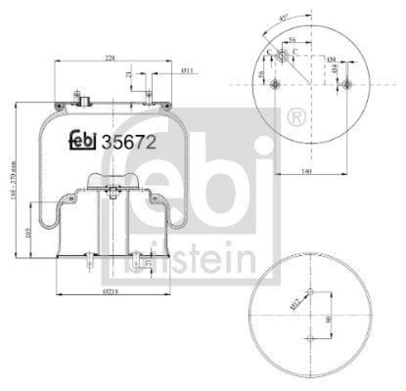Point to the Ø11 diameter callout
(187, 71)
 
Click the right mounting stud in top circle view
(347, 84)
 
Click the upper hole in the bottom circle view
(311, 292)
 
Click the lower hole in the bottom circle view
(311, 337)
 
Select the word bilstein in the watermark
(190, 259)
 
